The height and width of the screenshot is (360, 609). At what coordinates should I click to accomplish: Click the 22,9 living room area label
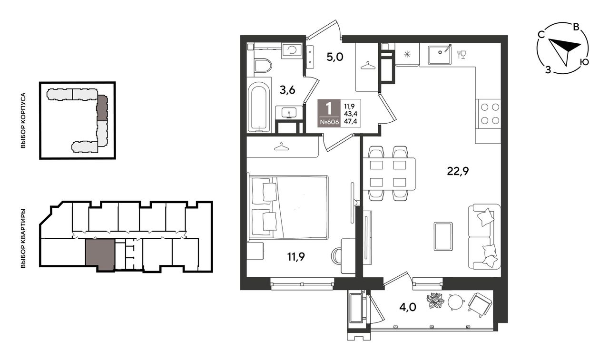pos(458,171)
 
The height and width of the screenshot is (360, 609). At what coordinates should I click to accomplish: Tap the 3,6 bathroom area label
pos(287,90)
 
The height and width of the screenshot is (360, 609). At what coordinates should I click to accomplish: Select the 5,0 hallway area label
pos(335,57)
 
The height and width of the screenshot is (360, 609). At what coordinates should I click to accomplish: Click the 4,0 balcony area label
pos(408,307)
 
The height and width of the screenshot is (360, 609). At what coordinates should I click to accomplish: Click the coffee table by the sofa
pos(443,236)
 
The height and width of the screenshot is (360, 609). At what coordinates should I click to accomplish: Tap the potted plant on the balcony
pos(435,301)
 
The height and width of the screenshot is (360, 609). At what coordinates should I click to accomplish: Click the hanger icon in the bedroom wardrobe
pos(281,146)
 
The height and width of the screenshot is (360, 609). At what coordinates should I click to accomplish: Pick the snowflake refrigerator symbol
pos(407,54)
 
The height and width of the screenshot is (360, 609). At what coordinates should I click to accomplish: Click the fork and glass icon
pos(462,54)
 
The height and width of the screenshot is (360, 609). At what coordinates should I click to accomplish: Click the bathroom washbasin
pos(289,112)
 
